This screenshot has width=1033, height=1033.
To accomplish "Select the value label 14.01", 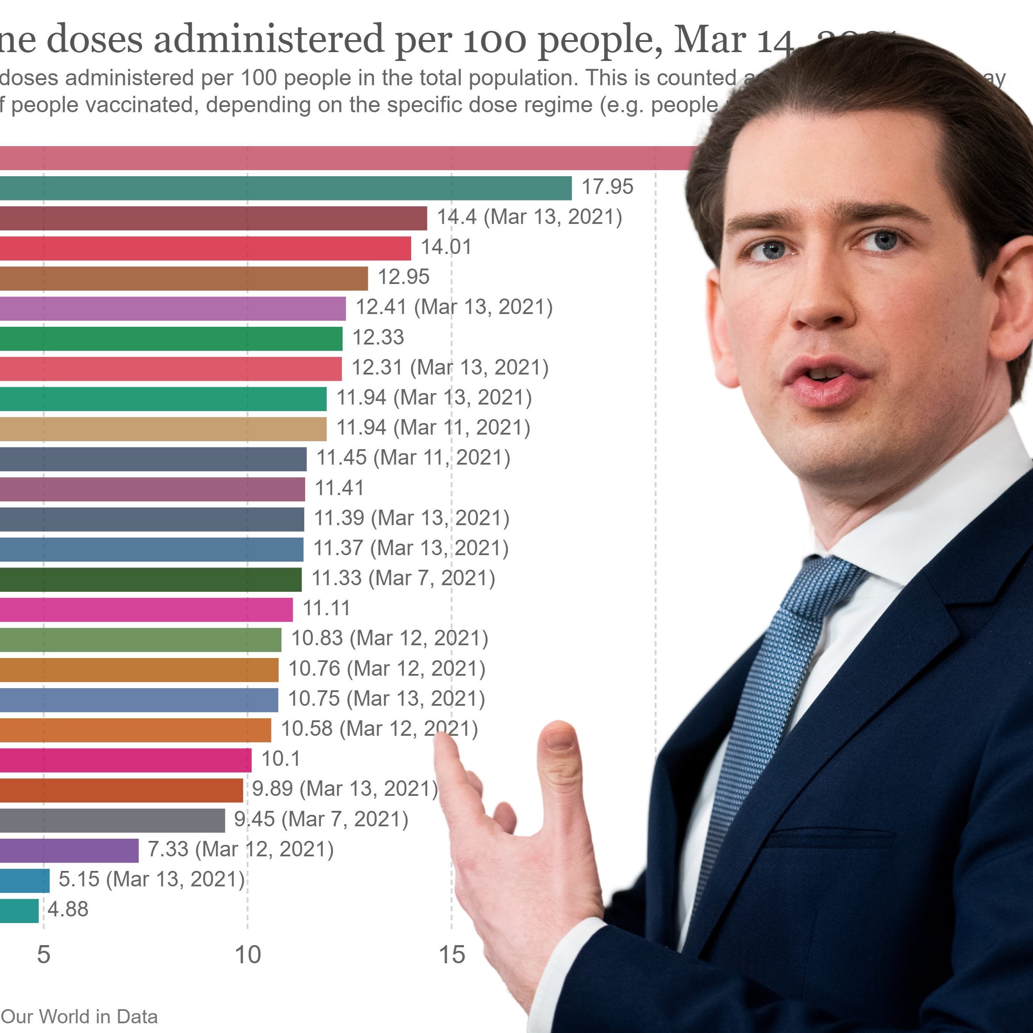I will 446,247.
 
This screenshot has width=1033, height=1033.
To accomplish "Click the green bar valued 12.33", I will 171,339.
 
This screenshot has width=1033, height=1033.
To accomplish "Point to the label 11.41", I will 339,488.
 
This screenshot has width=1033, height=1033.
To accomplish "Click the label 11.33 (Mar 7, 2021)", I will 403,578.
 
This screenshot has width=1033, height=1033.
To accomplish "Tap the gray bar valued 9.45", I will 112,821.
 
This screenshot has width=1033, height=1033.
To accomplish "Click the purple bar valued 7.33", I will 69,851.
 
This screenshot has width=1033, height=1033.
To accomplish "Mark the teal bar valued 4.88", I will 19,911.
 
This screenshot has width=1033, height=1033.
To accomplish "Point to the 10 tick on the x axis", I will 248,955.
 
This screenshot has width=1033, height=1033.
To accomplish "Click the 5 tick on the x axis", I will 43,955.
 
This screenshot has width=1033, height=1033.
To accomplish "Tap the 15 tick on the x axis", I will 452,955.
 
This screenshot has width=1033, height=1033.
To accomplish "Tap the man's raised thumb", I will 559,759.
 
